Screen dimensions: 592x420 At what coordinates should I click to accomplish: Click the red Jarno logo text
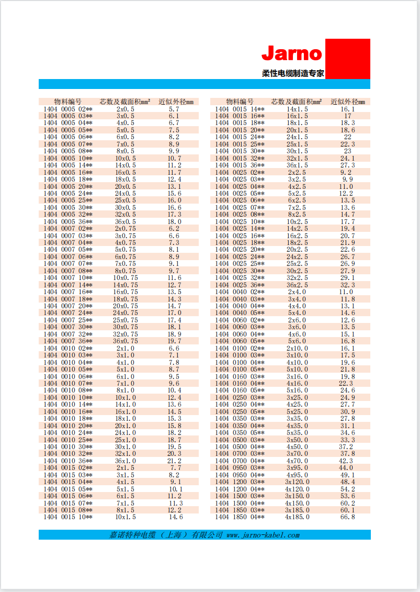[291, 53]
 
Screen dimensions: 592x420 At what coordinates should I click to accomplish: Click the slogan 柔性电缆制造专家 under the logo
[293, 74]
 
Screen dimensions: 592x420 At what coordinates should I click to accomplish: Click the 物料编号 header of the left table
[68, 102]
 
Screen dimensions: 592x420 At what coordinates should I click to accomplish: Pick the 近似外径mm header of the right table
[347, 102]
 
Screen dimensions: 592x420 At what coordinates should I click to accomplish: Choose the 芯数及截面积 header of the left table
[125, 102]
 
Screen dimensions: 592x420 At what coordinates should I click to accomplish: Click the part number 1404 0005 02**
[68, 109]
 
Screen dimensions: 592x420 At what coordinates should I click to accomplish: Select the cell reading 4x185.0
[297, 517]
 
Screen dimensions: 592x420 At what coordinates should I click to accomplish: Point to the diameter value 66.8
[347, 517]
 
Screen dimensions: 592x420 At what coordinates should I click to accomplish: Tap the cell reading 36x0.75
[126, 341]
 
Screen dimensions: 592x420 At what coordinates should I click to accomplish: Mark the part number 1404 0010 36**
[68, 461]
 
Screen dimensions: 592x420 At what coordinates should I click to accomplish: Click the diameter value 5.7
[174, 109]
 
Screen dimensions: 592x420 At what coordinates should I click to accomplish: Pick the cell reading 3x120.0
[297, 482]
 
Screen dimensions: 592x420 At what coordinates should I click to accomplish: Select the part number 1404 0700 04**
[240, 461]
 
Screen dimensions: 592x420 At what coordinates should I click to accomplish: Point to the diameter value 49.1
[347, 475]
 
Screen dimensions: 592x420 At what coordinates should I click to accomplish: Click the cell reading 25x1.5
[297, 144]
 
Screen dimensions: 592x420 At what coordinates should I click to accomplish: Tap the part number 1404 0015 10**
[68, 517]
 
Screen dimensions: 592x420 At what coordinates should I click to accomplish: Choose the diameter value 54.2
[347, 489]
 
